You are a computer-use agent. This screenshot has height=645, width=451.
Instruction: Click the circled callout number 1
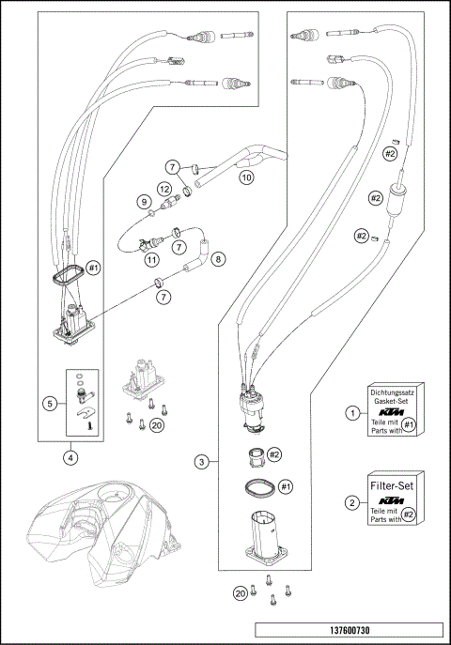tap(351, 411)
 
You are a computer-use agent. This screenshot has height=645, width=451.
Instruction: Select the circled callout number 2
tap(351, 502)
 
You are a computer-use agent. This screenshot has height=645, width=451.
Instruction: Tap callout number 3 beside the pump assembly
tap(201, 461)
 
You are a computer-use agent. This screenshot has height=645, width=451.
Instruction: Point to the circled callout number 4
tap(70, 457)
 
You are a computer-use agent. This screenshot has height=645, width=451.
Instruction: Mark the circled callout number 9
tap(144, 202)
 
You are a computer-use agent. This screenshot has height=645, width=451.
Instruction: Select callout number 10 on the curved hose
tap(245, 175)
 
